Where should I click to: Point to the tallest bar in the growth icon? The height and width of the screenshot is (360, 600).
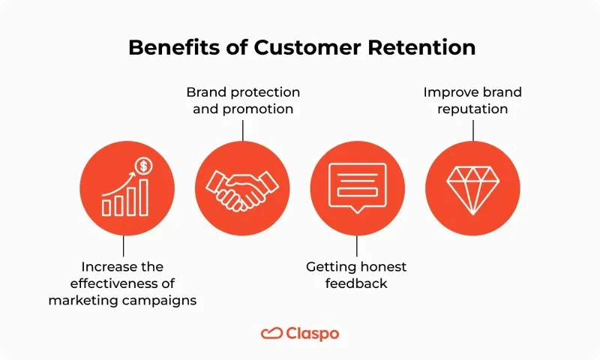pyautogui.click(x=142, y=196)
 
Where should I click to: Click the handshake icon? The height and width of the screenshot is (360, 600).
pyautogui.click(x=242, y=188)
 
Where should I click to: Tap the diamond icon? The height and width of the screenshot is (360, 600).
pyautogui.click(x=472, y=188)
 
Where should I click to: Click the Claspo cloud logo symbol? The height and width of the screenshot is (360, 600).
pyautogui.click(x=271, y=333)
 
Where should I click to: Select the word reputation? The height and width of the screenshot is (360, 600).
pyautogui.click(x=472, y=109)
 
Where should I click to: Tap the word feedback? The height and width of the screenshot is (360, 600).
pyautogui.click(x=357, y=283)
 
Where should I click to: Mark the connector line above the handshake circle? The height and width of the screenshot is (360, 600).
pyautogui.click(x=242, y=129)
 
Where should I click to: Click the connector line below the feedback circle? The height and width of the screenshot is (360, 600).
pyautogui.click(x=357, y=247)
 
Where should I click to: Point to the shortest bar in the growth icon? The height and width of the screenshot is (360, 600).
pyautogui.click(x=107, y=206)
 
